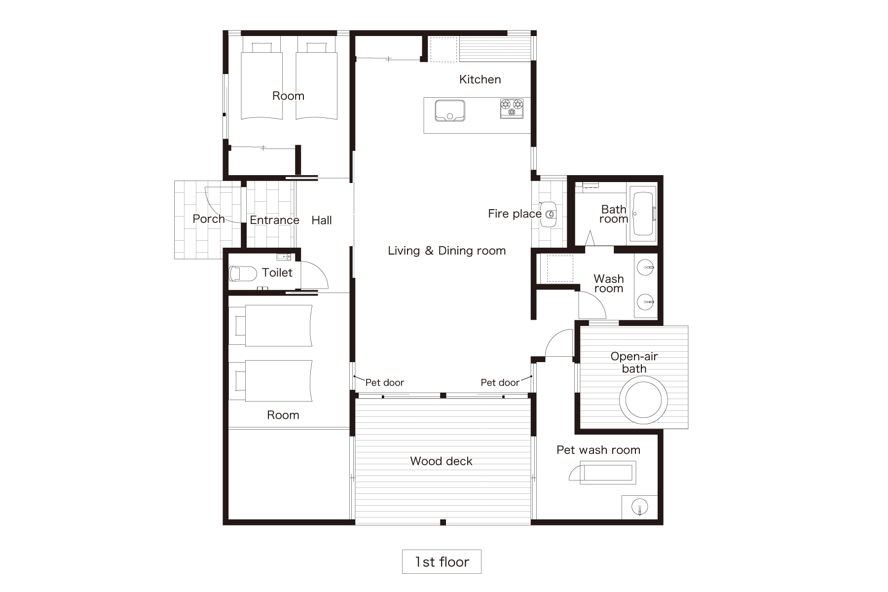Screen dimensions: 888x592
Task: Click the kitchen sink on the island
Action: click(449, 111)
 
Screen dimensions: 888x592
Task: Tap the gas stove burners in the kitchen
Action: click(512, 108)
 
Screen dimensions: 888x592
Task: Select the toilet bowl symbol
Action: click(243, 273)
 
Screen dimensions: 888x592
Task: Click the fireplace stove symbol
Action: click(548, 214)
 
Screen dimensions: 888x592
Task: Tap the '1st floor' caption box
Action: click(442, 561)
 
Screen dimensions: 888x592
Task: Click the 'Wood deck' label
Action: click(441, 461)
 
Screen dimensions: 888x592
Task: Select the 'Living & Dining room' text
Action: click(446, 251)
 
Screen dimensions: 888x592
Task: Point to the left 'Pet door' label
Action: click(384, 382)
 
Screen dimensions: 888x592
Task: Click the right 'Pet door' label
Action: click(500, 382)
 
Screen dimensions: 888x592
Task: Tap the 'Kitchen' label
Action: click(480, 79)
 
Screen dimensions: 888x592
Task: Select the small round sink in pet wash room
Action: click(639, 507)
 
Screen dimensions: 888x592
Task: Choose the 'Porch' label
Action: click(209, 219)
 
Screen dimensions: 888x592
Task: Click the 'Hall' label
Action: click(322, 221)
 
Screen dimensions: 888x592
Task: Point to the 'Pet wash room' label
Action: click(598, 450)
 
